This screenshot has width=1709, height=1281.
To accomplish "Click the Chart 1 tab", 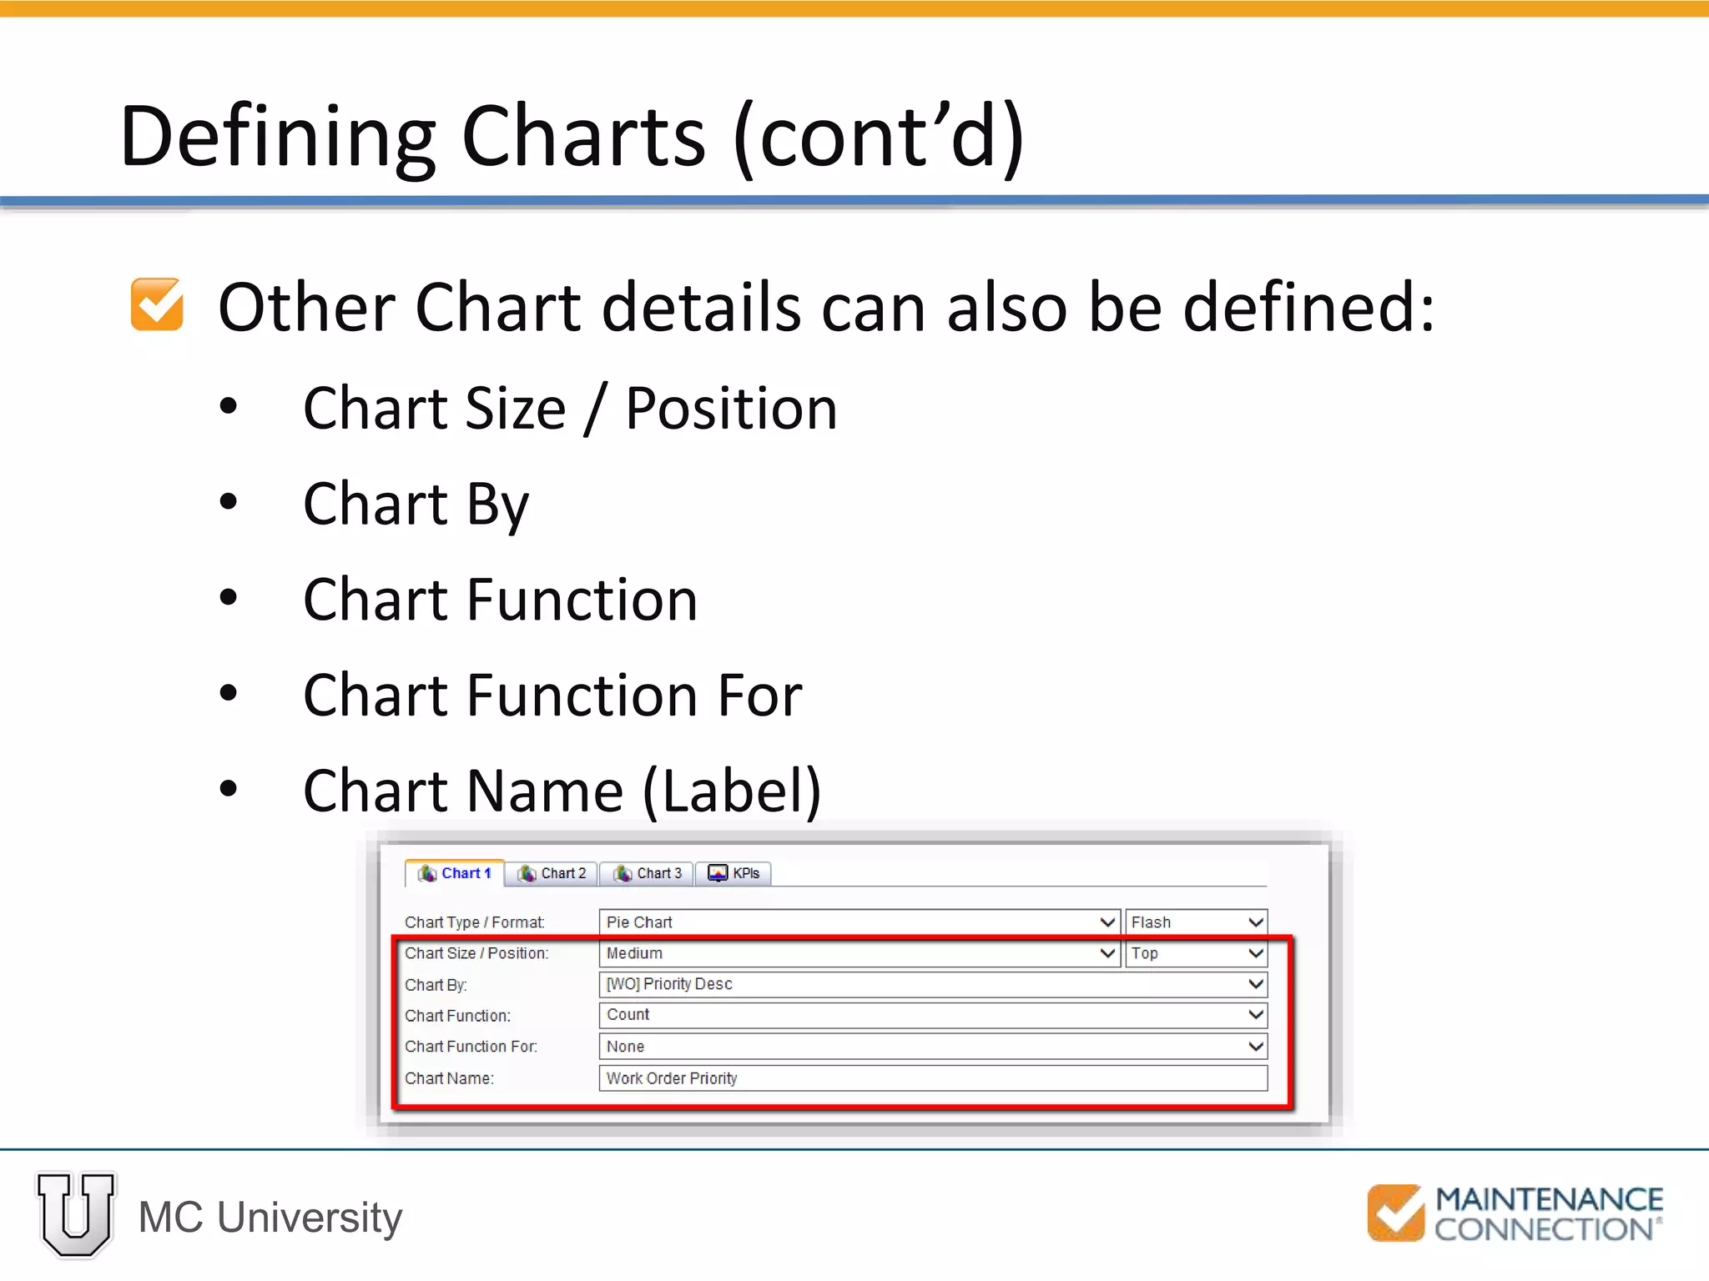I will pyautogui.click(x=455, y=873).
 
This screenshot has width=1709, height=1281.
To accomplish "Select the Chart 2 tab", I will pyautogui.click(x=552, y=873).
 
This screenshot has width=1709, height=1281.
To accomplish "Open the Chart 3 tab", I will pyautogui.click(x=648, y=873).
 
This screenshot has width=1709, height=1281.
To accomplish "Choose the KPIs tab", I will pyautogui.click(x=734, y=873).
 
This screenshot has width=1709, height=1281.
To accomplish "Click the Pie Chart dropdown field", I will pyautogui.click(x=859, y=922).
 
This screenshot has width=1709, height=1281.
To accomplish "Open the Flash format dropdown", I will pyautogui.click(x=1196, y=922).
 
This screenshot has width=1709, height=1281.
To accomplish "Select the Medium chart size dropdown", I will pyautogui.click(x=859, y=953).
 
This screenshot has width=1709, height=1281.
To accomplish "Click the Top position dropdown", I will pyautogui.click(x=1196, y=953).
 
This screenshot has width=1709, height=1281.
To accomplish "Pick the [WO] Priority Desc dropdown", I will pyautogui.click(x=932, y=984).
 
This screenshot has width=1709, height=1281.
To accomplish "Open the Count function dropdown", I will pyautogui.click(x=932, y=1015).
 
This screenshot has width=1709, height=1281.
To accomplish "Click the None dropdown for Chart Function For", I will pyautogui.click(x=932, y=1047).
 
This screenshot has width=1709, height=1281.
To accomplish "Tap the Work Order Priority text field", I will pyautogui.click(x=932, y=1078).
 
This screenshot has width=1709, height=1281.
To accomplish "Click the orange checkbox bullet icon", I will pyautogui.click(x=157, y=304).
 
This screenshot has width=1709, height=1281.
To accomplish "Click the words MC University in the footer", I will pyautogui.click(x=270, y=1218).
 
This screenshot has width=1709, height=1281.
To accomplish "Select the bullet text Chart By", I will pyautogui.click(x=416, y=504).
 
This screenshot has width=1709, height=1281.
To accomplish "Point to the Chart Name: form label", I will pyautogui.click(x=449, y=1078).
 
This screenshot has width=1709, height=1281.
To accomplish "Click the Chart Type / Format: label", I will pyautogui.click(x=474, y=922).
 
